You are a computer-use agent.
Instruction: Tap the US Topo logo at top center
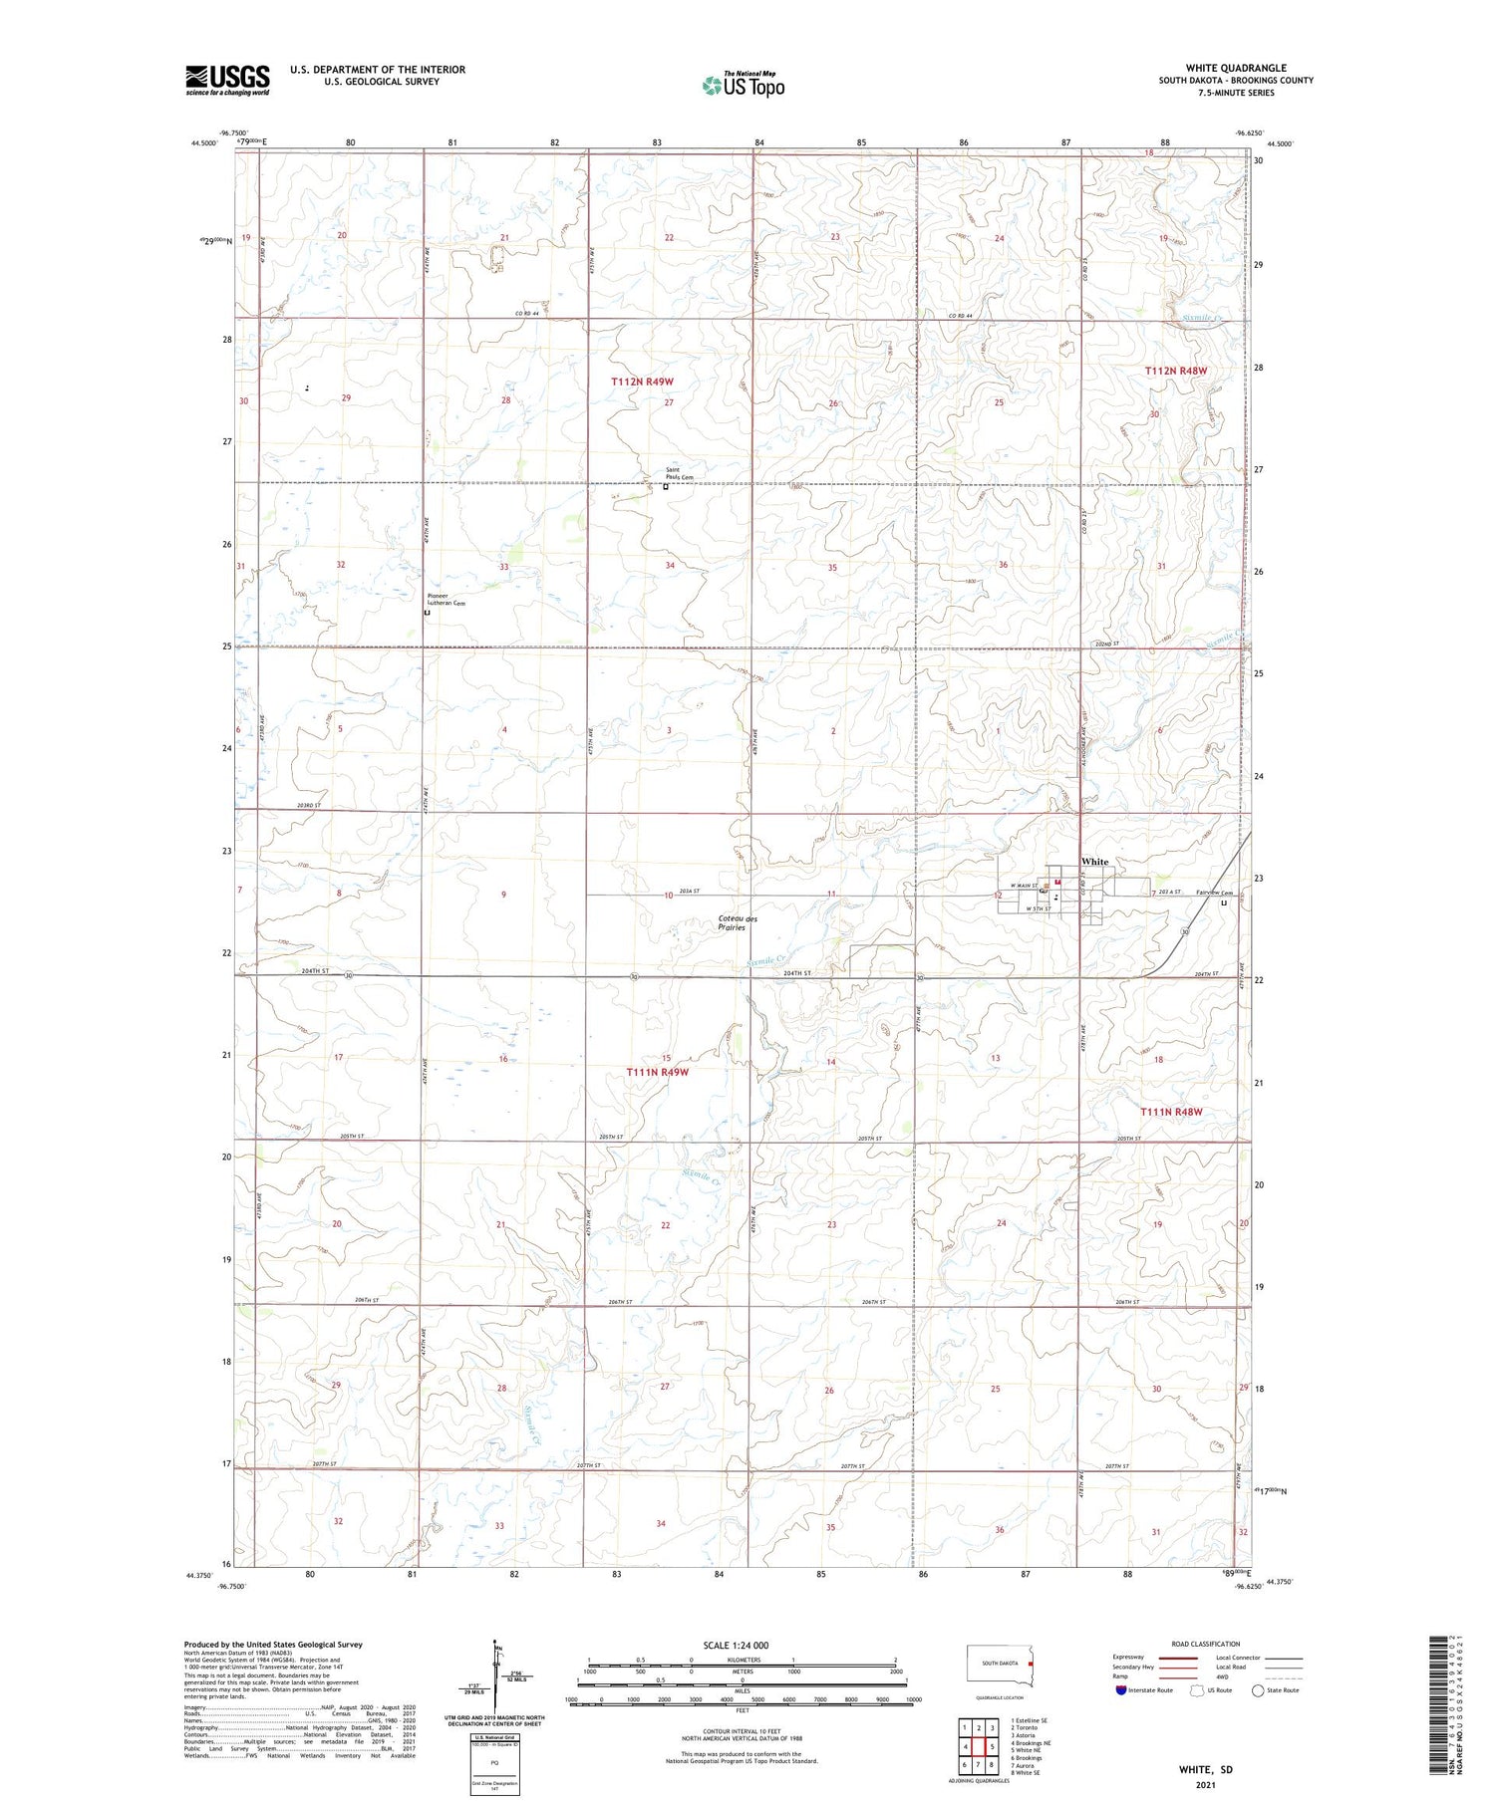pos(744,86)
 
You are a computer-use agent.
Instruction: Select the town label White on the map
pos(1094,862)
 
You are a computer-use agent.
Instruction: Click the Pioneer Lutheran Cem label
pos(440,600)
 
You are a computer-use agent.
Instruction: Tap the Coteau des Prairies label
pos(738,922)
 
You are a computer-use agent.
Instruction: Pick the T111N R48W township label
pos(1172,1112)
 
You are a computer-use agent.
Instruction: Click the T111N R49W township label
pos(658,1072)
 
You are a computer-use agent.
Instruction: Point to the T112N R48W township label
pos(1176,371)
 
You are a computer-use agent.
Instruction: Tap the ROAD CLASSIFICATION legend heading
pos(1206,1644)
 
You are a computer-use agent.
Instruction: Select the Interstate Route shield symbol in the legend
pos(1121,1690)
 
